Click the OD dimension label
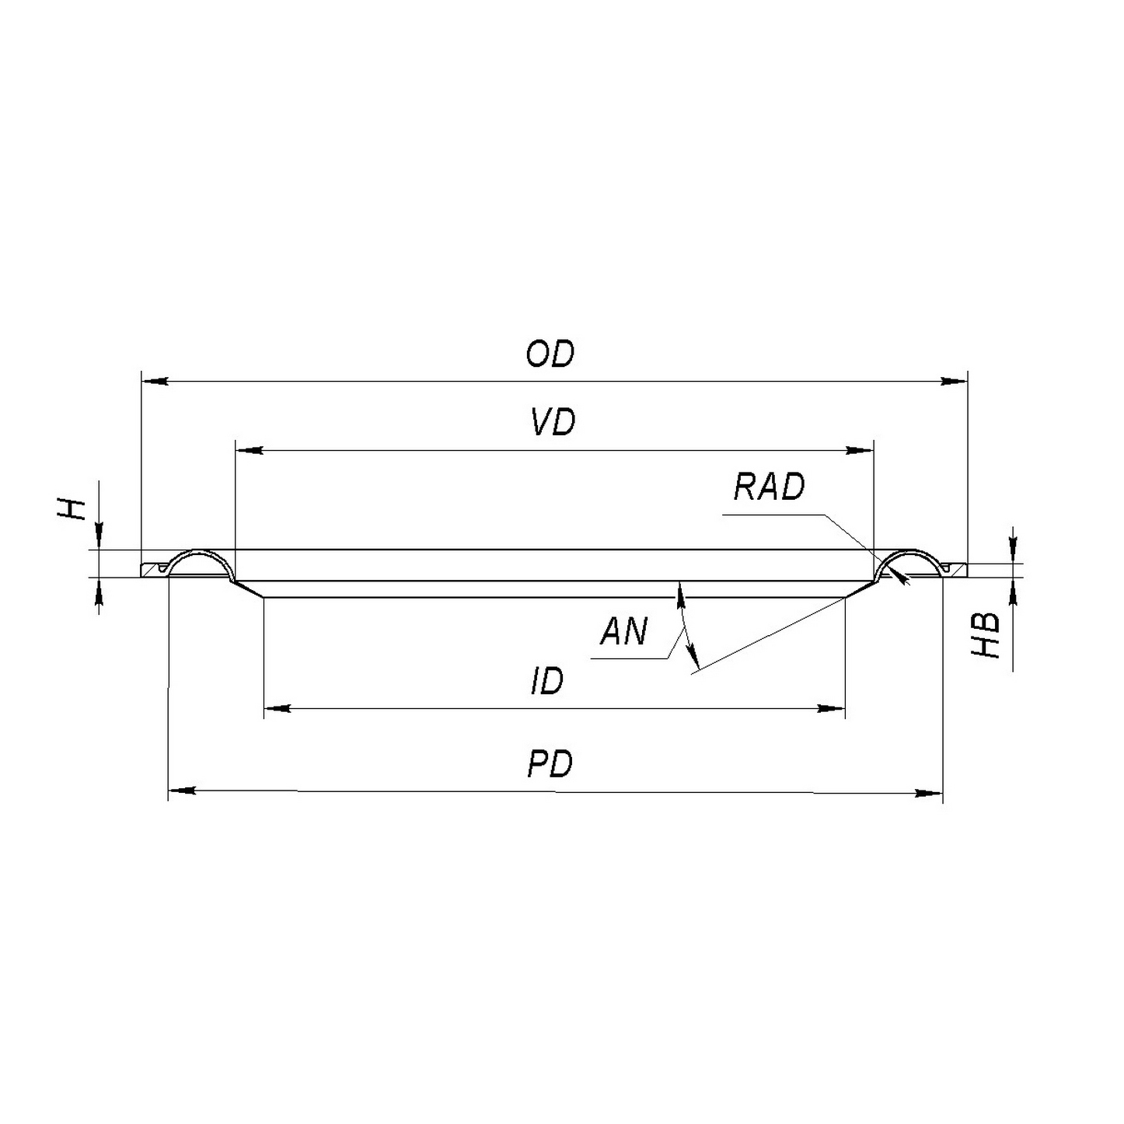pyautogui.click(x=550, y=354)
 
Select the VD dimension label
pyautogui.click(x=553, y=422)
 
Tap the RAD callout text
pyautogui.click(x=769, y=487)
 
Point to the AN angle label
pyautogui.click(x=623, y=631)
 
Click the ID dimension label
pyautogui.click(x=547, y=681)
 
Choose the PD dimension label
pyautogui.click(x=550, y=764)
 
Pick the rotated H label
pyautogui.click(x=72, y=509)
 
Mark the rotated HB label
pyautogui.click(x=985, y=636)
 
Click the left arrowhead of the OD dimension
pyautogui.click(x=155, y=382)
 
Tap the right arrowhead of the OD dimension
pyautogui.click(x=954, y=382)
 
